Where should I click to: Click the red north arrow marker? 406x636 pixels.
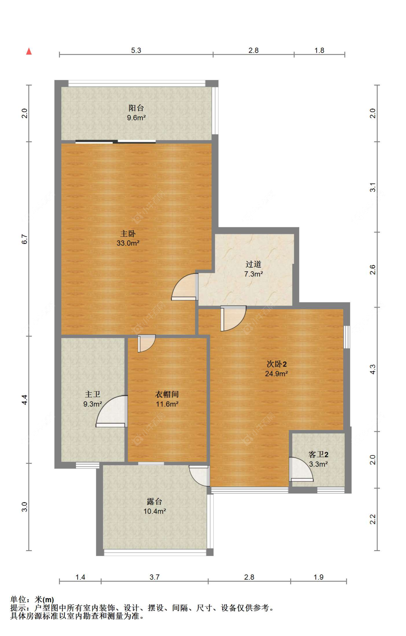(x=29, y=51)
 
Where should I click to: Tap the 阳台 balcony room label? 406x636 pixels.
(x=136, y=108)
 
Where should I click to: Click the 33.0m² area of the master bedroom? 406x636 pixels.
(x=128, y=243)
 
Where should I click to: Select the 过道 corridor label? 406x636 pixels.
(x=253, y=264)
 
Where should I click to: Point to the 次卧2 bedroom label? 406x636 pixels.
(x=276, y=364)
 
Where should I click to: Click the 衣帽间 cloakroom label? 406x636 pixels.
(x=167, y=394)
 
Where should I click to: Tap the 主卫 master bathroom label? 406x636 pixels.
(x=92, y=394)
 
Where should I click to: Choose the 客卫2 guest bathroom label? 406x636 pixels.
(x=318, y=455)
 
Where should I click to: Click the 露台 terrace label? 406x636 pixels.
(x=154, y=501)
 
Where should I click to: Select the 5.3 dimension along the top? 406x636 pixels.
(x=136, y=50)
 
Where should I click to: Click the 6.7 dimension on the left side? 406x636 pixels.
(x=25, y=239)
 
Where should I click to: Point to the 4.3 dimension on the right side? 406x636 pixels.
(x=373, y=369)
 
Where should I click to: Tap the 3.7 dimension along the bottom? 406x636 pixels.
(x=154, y=577)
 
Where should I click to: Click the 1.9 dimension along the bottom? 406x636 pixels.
(x=318, y=577)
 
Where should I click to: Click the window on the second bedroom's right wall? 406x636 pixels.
(x=346, y=337)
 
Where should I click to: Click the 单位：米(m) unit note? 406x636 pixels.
(x=32, y=600)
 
